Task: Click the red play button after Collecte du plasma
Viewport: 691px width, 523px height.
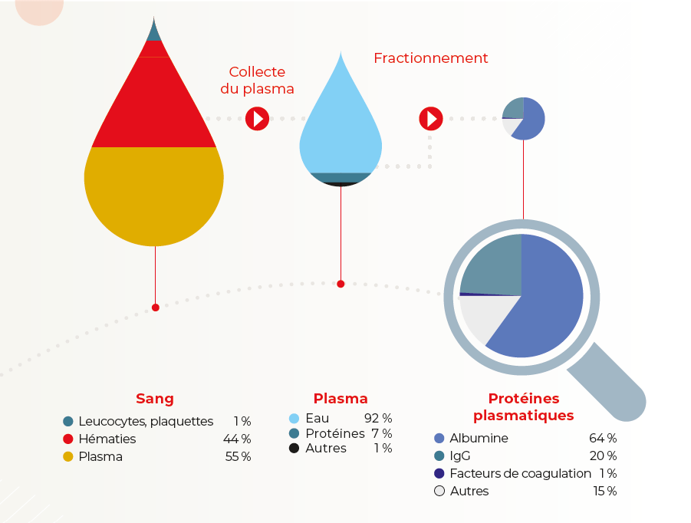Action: tap(258, 119)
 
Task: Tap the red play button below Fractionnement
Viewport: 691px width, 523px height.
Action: tap(431, 119)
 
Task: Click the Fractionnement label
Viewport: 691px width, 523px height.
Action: tap(430, 58)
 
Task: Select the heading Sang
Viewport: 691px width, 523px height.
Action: tap(155, 399)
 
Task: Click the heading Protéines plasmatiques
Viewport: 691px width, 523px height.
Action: tap(524, 406)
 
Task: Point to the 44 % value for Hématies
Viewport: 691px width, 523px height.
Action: tap(237, 439)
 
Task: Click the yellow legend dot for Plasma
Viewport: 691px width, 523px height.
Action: tap(67, 456)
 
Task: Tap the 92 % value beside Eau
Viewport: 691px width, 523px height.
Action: tap(378, 418)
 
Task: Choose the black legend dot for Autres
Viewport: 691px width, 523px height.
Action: tap(294, 448)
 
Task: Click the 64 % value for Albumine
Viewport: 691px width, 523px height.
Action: tap(603, 438)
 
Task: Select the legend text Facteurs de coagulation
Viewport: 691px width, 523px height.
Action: tap(521, 473)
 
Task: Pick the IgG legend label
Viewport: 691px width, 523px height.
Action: tap(460, 456)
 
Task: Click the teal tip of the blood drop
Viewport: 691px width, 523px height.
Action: tap(154, 31)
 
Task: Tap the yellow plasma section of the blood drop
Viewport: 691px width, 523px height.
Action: tap(154, 194)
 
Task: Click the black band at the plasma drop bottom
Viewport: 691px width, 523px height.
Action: tap(341, 184)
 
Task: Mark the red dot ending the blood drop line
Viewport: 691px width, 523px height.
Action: tap(155, 308)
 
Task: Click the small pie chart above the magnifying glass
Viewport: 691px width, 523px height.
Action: tap(524, 119)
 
